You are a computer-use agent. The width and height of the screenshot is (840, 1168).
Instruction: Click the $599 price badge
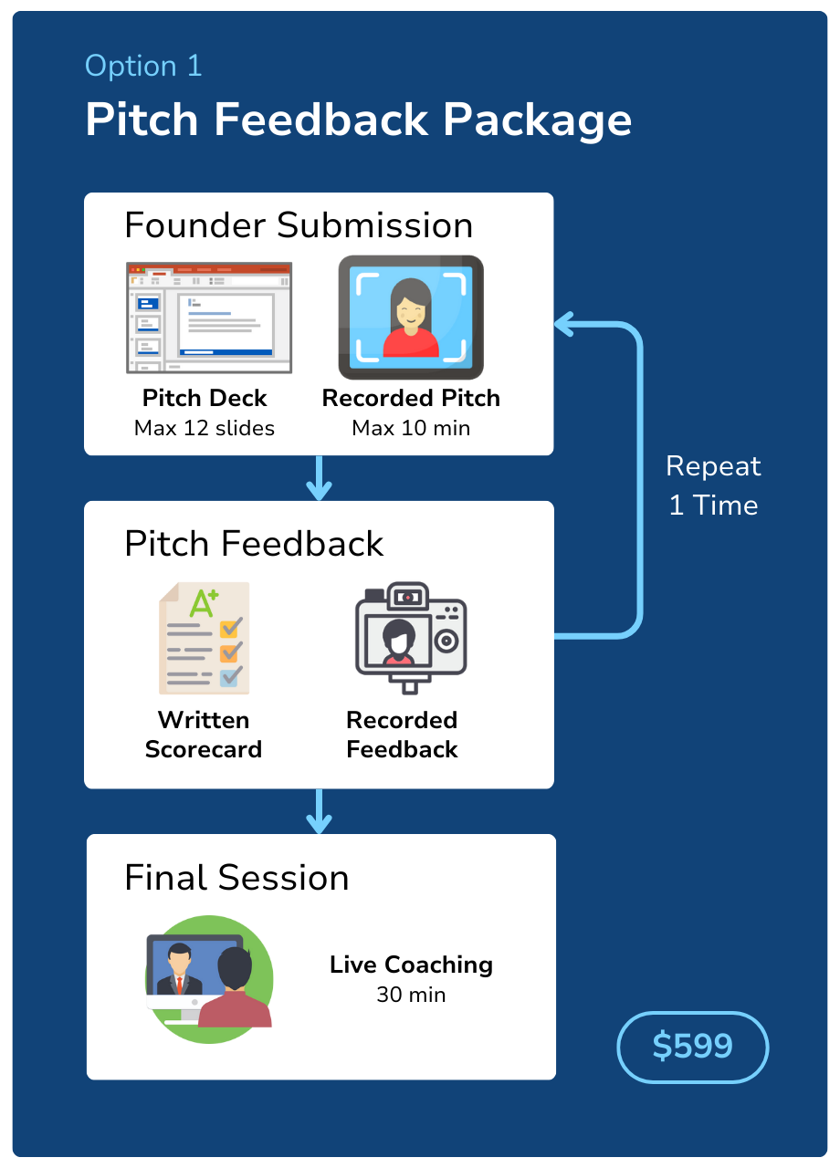[x=693, y=1046]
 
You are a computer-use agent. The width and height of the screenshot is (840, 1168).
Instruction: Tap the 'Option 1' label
[x=143, y=66]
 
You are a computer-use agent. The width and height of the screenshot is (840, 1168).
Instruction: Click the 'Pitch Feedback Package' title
[x=358, y=120]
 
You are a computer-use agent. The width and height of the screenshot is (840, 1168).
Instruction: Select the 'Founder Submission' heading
[x=299, y=225]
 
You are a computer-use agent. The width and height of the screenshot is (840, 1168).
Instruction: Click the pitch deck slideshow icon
[x=209, y=318]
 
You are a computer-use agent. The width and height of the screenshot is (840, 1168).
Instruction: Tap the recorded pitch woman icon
[x=411, y=318]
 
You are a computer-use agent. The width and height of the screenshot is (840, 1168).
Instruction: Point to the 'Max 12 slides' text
[x=205, y=428]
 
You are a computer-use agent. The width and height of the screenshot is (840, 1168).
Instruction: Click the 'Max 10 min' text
[x=411, y=428]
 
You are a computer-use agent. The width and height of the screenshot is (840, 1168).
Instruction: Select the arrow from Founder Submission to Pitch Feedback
[x=319, y=478]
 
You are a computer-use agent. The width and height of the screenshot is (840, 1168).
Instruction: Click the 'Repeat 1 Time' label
[x=713, y=485]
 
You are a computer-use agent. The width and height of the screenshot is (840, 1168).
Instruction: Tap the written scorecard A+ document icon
[x=204, y=638]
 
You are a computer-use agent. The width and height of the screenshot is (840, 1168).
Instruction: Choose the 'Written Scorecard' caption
[x=204, y=735]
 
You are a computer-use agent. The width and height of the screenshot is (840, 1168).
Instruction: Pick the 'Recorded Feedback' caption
[x=402, y=735]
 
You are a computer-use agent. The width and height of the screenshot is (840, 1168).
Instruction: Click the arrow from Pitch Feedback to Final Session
[x=319, y=811]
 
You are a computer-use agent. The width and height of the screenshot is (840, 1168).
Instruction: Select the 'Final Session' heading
[x=236, y=878]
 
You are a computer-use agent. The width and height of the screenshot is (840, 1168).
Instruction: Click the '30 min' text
[x=411, y=995]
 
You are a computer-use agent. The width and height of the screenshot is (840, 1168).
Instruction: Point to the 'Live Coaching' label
[x=411, y=965]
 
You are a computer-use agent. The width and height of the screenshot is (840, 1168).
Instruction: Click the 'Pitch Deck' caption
[x=205, y=399]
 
